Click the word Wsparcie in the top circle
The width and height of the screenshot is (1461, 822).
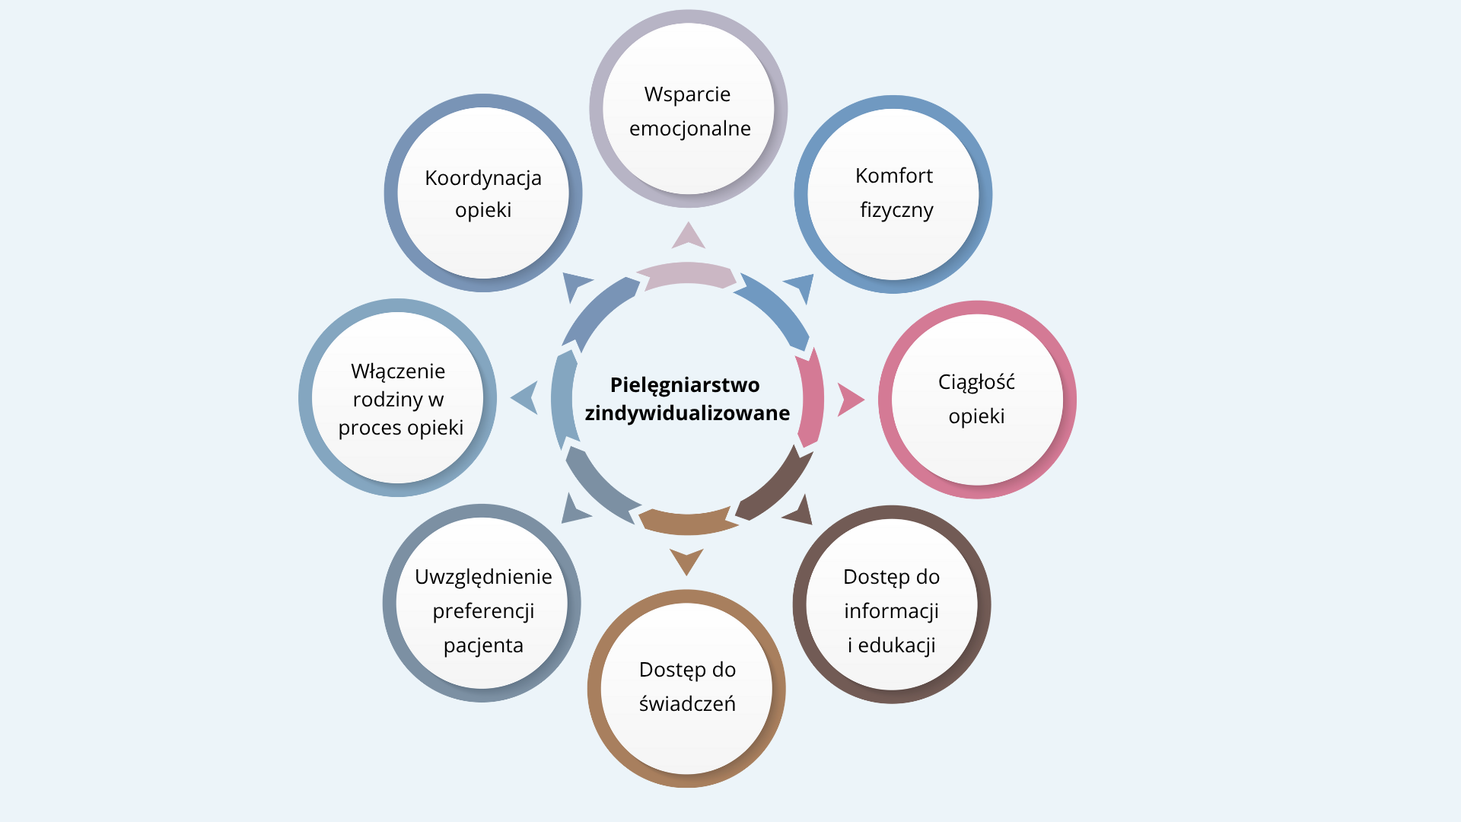[687, 94]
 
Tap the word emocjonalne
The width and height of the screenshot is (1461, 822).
[689, 129]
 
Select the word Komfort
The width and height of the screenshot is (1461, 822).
[893, 176]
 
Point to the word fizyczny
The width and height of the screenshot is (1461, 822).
[896, 210]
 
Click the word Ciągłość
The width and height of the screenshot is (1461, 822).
[976, 382]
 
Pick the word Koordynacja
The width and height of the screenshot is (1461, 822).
[483, 179]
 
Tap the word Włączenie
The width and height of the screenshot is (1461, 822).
[398, 372]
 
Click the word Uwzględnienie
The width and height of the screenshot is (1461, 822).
[483, 578]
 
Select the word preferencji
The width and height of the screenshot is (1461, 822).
[483, 612]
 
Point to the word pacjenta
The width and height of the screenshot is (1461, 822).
[483, 646]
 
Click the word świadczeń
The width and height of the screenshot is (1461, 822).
[687, 704]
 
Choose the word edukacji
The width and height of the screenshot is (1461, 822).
[896, 645]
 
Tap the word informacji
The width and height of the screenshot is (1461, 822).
[891, 612]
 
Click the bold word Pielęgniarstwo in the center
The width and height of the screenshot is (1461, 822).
[685, 386]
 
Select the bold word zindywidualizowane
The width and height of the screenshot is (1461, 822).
[687, 413]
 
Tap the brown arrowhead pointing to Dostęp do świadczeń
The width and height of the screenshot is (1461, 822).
[686, 560]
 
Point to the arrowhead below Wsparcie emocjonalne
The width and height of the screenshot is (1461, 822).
[689, 237]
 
